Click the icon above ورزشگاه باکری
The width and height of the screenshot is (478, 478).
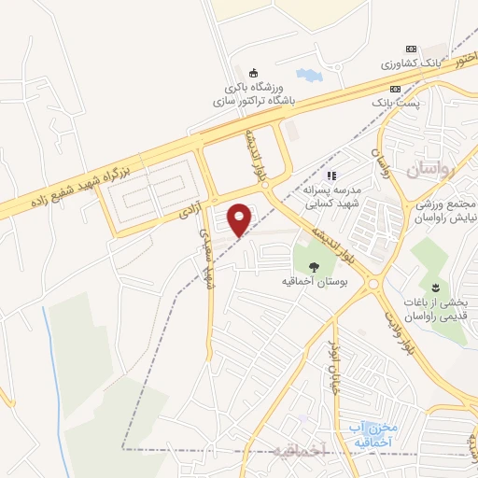point(252,73)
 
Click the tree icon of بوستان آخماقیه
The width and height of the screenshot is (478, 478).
point(313,266)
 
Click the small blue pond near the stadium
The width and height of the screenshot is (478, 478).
point(305,73)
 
